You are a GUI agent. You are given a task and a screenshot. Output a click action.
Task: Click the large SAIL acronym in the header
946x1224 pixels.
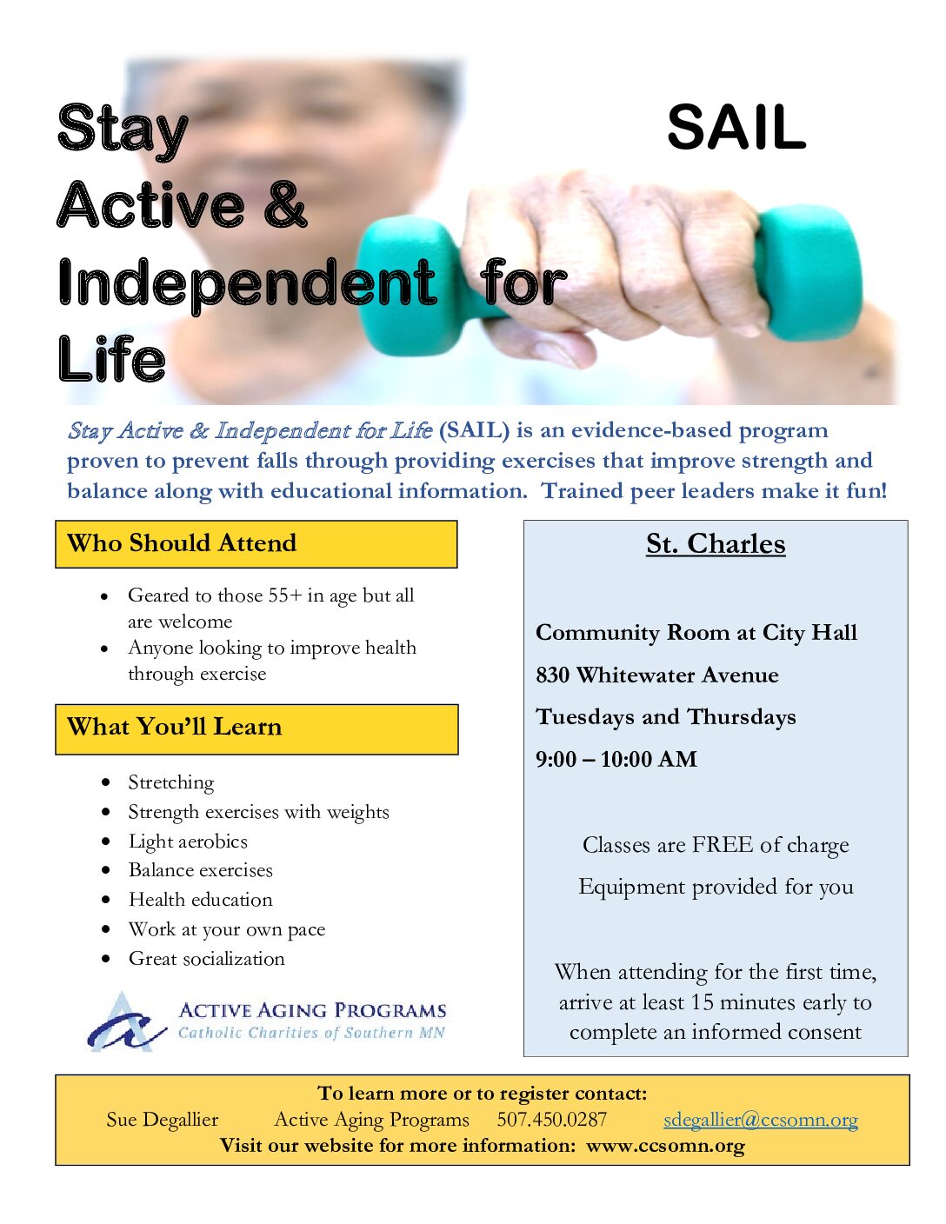[x=736, y=128]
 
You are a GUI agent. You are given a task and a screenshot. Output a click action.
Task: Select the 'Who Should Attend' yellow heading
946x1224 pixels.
[x=256, y=543]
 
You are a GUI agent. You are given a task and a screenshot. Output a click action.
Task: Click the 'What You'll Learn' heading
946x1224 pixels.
[x=256, y=728]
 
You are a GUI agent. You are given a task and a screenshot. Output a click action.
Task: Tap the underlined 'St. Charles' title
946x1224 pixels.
[x=716, y=544]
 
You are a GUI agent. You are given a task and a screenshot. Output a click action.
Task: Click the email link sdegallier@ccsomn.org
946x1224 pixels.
[x=761, y=1120]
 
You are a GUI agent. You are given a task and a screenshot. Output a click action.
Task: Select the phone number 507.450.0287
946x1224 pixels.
[x=551, y=1119]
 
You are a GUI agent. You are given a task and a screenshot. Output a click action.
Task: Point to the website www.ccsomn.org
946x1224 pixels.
[x=665, y=1146]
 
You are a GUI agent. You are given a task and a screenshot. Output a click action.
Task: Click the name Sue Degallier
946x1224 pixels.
[x=163, y=1120]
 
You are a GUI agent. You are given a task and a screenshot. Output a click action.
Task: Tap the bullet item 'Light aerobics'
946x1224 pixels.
[x=188, y=841]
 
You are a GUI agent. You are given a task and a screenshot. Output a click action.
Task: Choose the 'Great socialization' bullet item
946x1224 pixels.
[x=207, y=959]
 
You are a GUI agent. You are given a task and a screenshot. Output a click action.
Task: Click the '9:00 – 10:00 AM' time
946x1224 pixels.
[x=616, y=759]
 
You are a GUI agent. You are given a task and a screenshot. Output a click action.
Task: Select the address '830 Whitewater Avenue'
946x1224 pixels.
[x=657, y=675]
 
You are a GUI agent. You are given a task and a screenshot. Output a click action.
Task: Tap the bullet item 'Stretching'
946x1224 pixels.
[x=171, y=783]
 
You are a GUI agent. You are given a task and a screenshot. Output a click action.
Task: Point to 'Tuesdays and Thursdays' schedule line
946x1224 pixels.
[x=666, y=717]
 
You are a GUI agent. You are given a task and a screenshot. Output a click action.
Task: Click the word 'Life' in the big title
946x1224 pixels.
[x=111, y=359]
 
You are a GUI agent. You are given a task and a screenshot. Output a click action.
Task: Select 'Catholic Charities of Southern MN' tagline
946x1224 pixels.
[x=311, y=1033]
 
